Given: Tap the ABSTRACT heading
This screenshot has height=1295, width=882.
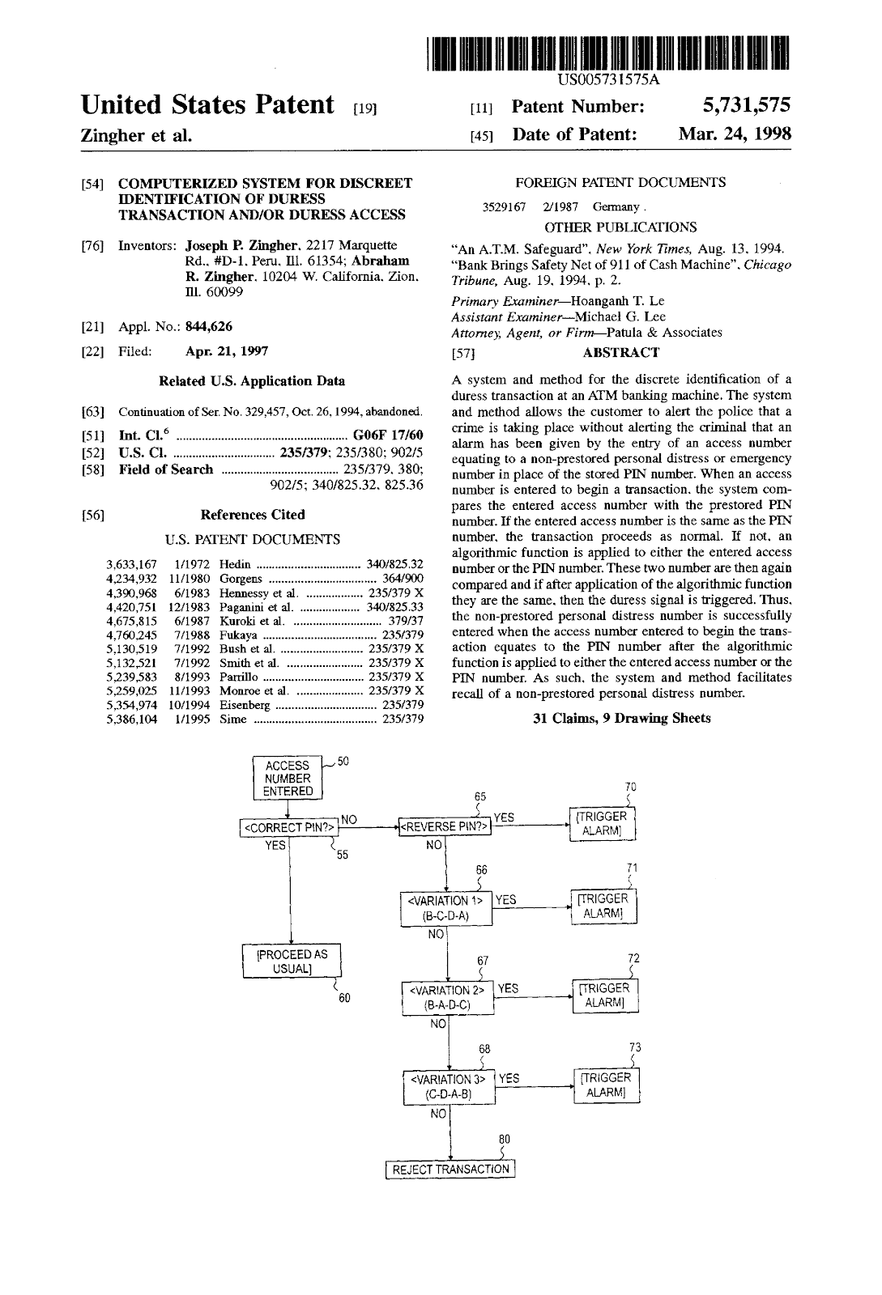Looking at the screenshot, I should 620,352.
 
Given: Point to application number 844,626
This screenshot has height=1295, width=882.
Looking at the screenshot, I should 209,327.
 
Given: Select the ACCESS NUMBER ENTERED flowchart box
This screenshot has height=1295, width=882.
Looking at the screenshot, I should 288,779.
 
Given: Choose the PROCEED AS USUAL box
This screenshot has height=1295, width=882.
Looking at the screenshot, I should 292,961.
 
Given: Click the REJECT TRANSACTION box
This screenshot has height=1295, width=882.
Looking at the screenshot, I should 450,1170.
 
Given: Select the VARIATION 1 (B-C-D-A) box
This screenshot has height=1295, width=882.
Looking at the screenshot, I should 446,908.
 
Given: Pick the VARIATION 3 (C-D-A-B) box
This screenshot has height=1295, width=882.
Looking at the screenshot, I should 448,1086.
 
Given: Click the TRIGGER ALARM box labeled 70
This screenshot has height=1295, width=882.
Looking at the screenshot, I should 602,824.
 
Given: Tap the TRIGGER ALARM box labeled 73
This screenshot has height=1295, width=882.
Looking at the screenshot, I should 606,1085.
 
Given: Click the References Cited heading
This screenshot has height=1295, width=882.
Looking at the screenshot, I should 253,515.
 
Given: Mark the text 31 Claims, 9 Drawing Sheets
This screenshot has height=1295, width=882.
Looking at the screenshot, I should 621,718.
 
